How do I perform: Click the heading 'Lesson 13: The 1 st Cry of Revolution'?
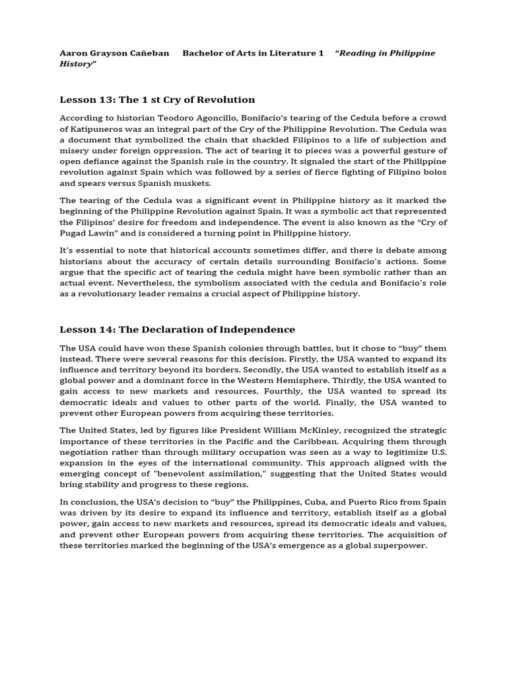pyautogui.click(x=157, y=100)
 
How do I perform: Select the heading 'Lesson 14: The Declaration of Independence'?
pyautogui.click(x=178, y=329)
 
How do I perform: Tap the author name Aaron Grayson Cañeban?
pyautogui.click(x=114, y=53)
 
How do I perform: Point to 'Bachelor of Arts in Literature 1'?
pyautogui.click(x=253, y=53)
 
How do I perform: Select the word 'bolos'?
pyautogui.click(x=434, y=172)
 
